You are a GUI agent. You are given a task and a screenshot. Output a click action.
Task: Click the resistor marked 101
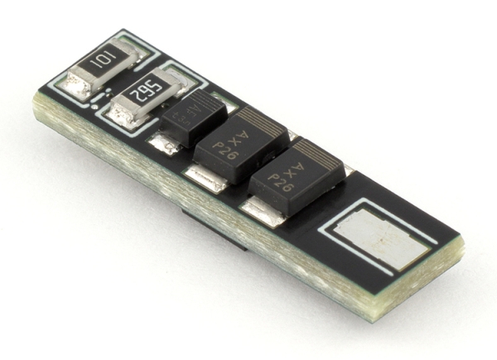coord(101,66)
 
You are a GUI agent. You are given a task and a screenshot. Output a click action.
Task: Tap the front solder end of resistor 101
coord(80,84)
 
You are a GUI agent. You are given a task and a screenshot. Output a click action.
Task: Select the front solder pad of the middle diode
coord(204,177)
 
